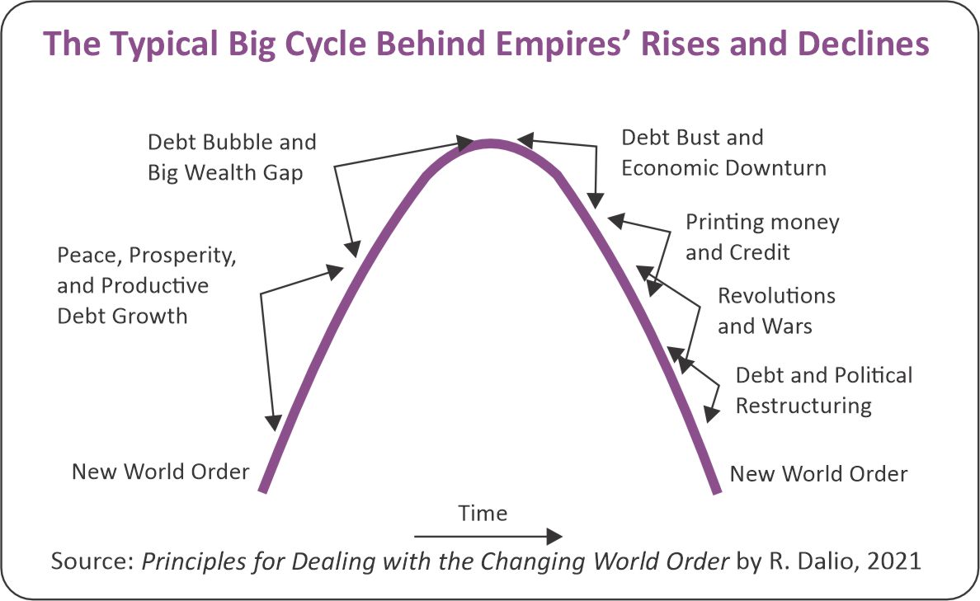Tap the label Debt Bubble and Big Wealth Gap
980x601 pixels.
pyautogui.click(x=232, y=157)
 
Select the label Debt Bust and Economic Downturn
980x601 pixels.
pyautogui.click(x=723, y=153)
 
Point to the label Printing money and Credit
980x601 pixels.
pyautogui.click(x=762, y=237)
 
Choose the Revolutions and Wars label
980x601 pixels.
pyautogui.click(x=776, y=310)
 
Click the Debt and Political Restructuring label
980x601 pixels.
pyautogui.click(x=823, y=390)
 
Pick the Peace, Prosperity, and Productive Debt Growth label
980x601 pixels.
pyautogui.click(x=147, y=285)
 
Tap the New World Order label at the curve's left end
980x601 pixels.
pyautogui.click(x=160, y=472)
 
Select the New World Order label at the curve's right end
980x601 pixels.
pyautogui.click(x=818, y=474)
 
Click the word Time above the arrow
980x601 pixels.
pyautogui.click(x=483, y=514)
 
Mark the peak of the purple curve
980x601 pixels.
pyautogui.click(x=490, y=143)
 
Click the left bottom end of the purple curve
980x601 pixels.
pyautogui.click(x=263, y=490)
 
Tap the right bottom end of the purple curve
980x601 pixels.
pyautogui.click(x=716, y=491)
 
